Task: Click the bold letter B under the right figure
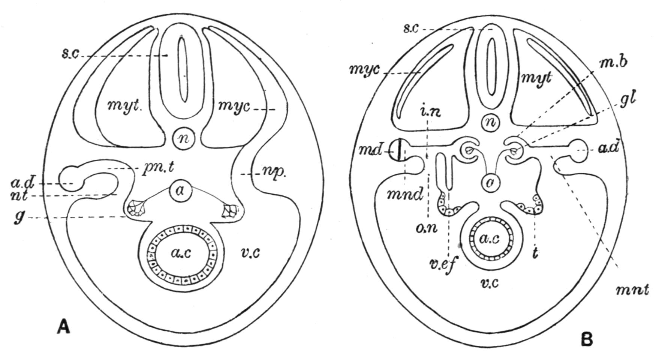pyautogui.click(x=587, y=339)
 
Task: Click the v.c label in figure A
pyautogui.click(x=250, y=253)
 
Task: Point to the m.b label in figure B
pyautogui.click(x=613, y=63)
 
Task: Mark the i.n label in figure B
pyautogui.click(x=430, y=111)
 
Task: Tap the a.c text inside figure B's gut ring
pyautogui.click(x=490, y=239)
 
